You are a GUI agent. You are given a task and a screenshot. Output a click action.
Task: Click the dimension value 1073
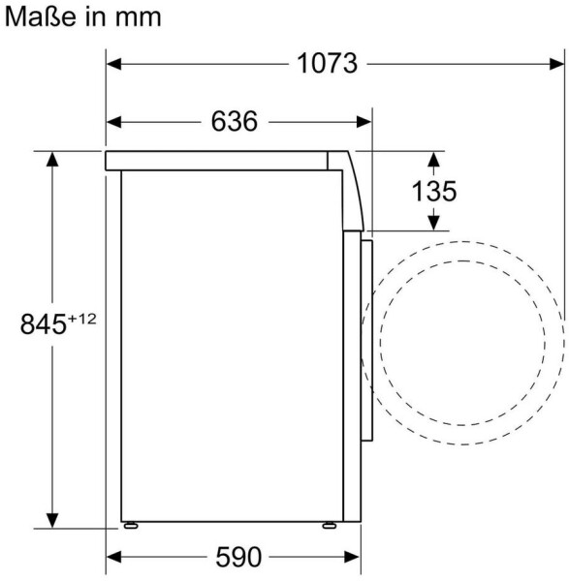click(328, 63)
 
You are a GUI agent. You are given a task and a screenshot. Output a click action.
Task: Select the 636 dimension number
click(234, 121)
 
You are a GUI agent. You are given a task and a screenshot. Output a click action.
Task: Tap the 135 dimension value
click(434, 191)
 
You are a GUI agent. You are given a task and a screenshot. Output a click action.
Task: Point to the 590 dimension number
click(238, 557)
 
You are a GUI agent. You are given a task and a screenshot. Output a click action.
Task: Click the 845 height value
click(43, 323)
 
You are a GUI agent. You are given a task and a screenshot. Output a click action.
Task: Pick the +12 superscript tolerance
click(81, 319)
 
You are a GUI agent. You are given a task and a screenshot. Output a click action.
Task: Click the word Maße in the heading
click(40, 16)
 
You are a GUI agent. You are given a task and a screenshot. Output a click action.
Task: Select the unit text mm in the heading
click(138, 18)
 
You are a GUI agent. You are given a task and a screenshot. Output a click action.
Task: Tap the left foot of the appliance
click(131, 525)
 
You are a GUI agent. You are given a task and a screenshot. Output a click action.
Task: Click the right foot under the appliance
click(330, 525)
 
